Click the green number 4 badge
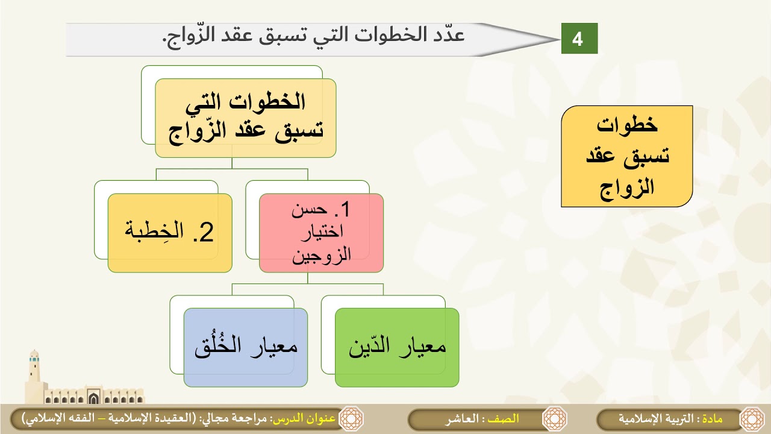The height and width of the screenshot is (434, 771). [x=579, y=39]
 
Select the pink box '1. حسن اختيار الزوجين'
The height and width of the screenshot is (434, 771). [x=321, y=233]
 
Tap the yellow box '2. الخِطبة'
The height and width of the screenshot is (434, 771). [x=170, y=233]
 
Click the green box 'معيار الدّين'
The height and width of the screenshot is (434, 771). [x=397, y=347]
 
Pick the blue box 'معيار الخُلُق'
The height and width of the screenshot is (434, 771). [x=246, y=347]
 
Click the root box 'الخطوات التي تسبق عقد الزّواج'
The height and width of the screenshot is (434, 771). [x=246, y=118]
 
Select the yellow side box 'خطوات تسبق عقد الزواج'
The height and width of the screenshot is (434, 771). [x=626, y=156]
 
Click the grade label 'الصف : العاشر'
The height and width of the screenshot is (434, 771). [x=482, y=419]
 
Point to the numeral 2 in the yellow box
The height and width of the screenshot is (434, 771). [x=206, y=233]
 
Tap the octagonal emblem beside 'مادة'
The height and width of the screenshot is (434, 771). [x=751, y=419]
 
